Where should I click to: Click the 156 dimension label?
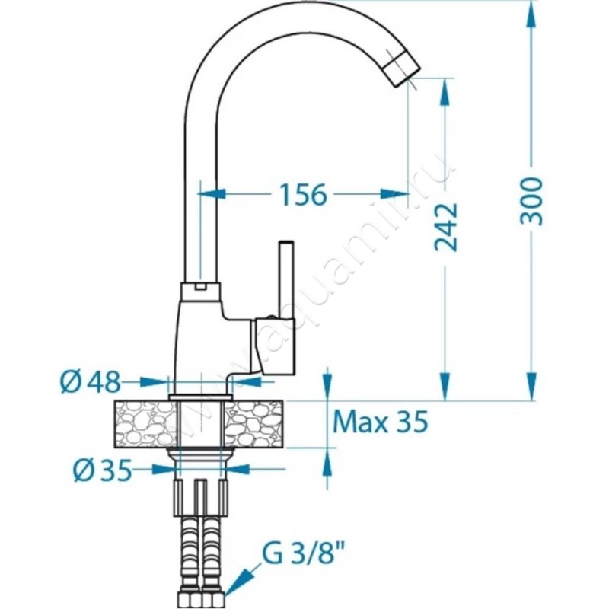[x=303, y=195]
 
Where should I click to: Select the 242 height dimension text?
[x=445, y=227]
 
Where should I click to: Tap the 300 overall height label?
[x=531, y=201]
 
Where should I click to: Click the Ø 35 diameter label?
[x=103, y=470]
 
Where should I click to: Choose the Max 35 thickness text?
[x=381, y=422]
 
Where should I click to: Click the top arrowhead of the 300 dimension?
[x=531, y=15]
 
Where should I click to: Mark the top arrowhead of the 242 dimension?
[x=445, y=92]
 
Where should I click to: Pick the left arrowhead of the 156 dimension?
[x=212, y=193]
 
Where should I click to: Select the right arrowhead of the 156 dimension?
[x=394, y=193]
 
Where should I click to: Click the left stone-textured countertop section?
[x=145, y=424]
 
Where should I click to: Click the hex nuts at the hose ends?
[x=200, y=599]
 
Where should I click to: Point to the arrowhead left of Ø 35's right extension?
[x=235, y=469]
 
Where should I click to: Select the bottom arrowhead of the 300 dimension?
[x=531, y=386]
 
